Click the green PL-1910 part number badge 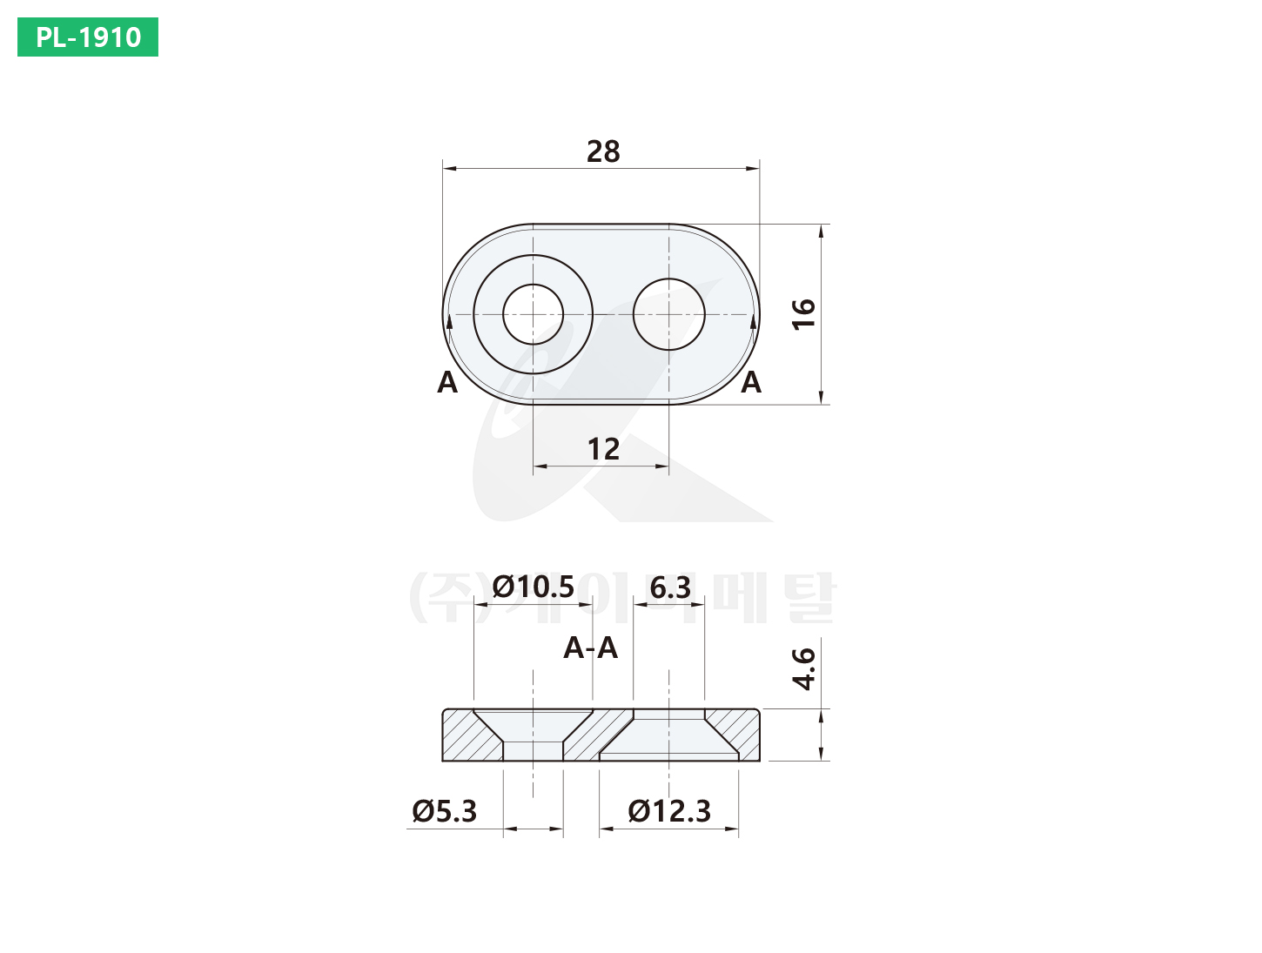88,37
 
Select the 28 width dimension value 603,152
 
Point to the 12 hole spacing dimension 603,450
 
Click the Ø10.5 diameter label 534,587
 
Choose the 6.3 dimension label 670,588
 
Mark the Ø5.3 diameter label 445,812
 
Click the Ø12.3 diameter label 669,812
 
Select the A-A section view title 591,648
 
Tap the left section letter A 447,383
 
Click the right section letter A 751,383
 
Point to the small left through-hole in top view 534,314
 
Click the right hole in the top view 669,314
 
